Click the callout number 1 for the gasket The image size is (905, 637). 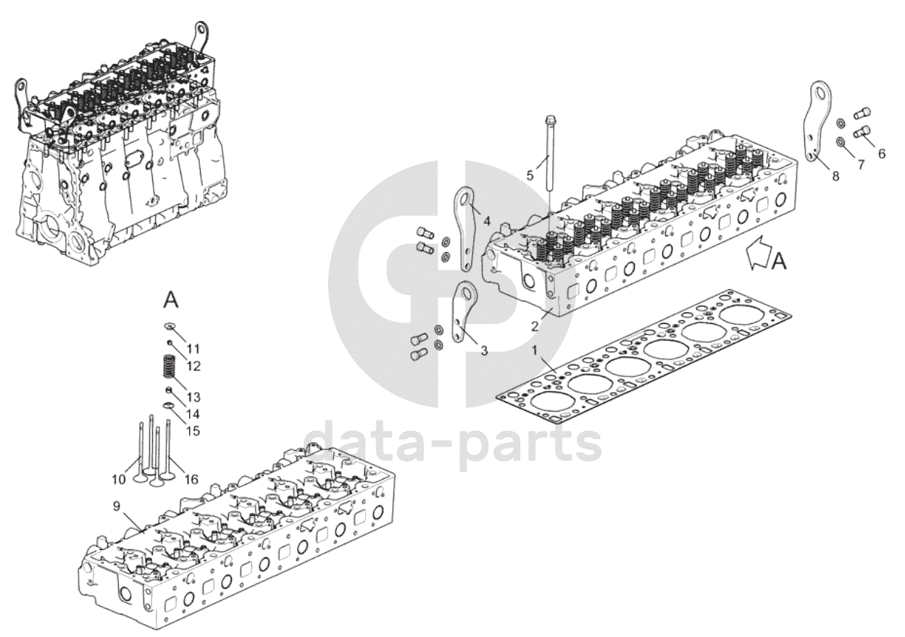[535, 351]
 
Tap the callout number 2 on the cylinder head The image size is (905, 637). [534, 326]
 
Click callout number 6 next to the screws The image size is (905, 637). [881, 154]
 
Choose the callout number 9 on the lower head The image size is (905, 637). [117, 505]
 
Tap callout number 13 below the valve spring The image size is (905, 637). [194, 397]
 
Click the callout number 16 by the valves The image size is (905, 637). [191, 479]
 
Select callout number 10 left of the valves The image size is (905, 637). [118, 479]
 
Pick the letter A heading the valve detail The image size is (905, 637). [171, 299]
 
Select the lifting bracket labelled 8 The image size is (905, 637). [819, 120]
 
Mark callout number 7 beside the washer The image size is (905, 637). [861, 165]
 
